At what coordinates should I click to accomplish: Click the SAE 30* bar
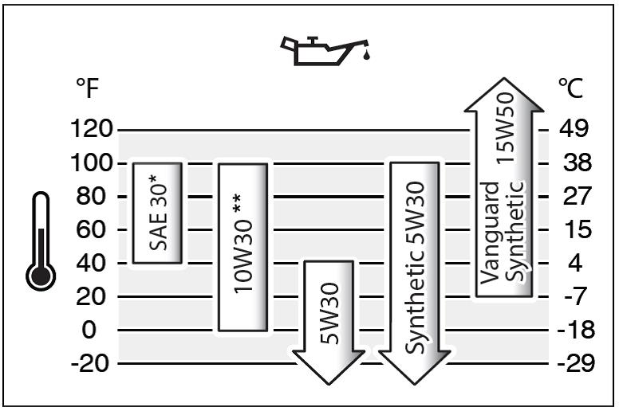157,212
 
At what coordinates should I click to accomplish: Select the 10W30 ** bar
243,246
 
